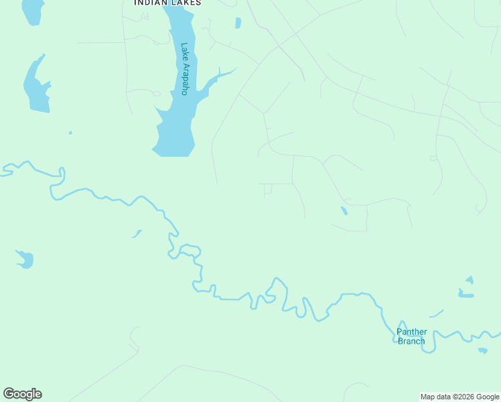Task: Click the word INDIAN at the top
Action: [x=149, y=3]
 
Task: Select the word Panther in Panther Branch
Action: [x=411, y=332]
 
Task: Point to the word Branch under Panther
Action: [x=411, y=341]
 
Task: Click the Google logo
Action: [x=22, y=394]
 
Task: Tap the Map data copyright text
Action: [x=459, y=397]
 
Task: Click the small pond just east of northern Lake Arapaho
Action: [x=238, y=23]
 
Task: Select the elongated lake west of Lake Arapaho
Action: [x=36, y=86]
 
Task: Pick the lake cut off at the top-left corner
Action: [x=32, y=9]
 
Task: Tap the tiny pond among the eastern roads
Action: [x=344, y=211]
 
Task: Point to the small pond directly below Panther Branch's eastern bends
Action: [x=482, y=350]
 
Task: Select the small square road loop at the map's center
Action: [x=268, y=189]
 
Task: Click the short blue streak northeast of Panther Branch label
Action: [x=437, y=313]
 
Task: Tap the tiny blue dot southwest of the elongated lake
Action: [x=70, y=133]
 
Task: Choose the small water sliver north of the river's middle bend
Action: [x=137, y=234]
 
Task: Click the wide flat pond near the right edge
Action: [x=466, y=294]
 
